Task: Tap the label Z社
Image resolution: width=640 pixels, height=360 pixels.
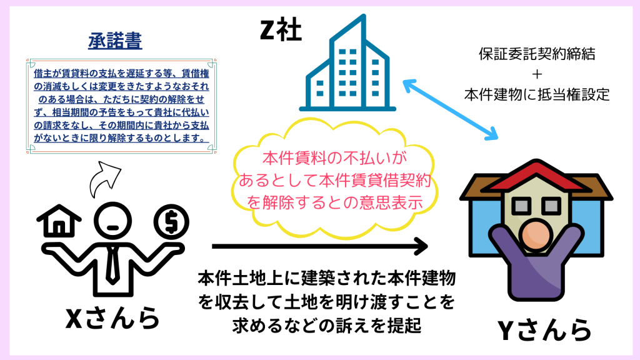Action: click(x=281, y=29)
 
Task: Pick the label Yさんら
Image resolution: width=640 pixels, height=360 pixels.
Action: click(x=544, y=330)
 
